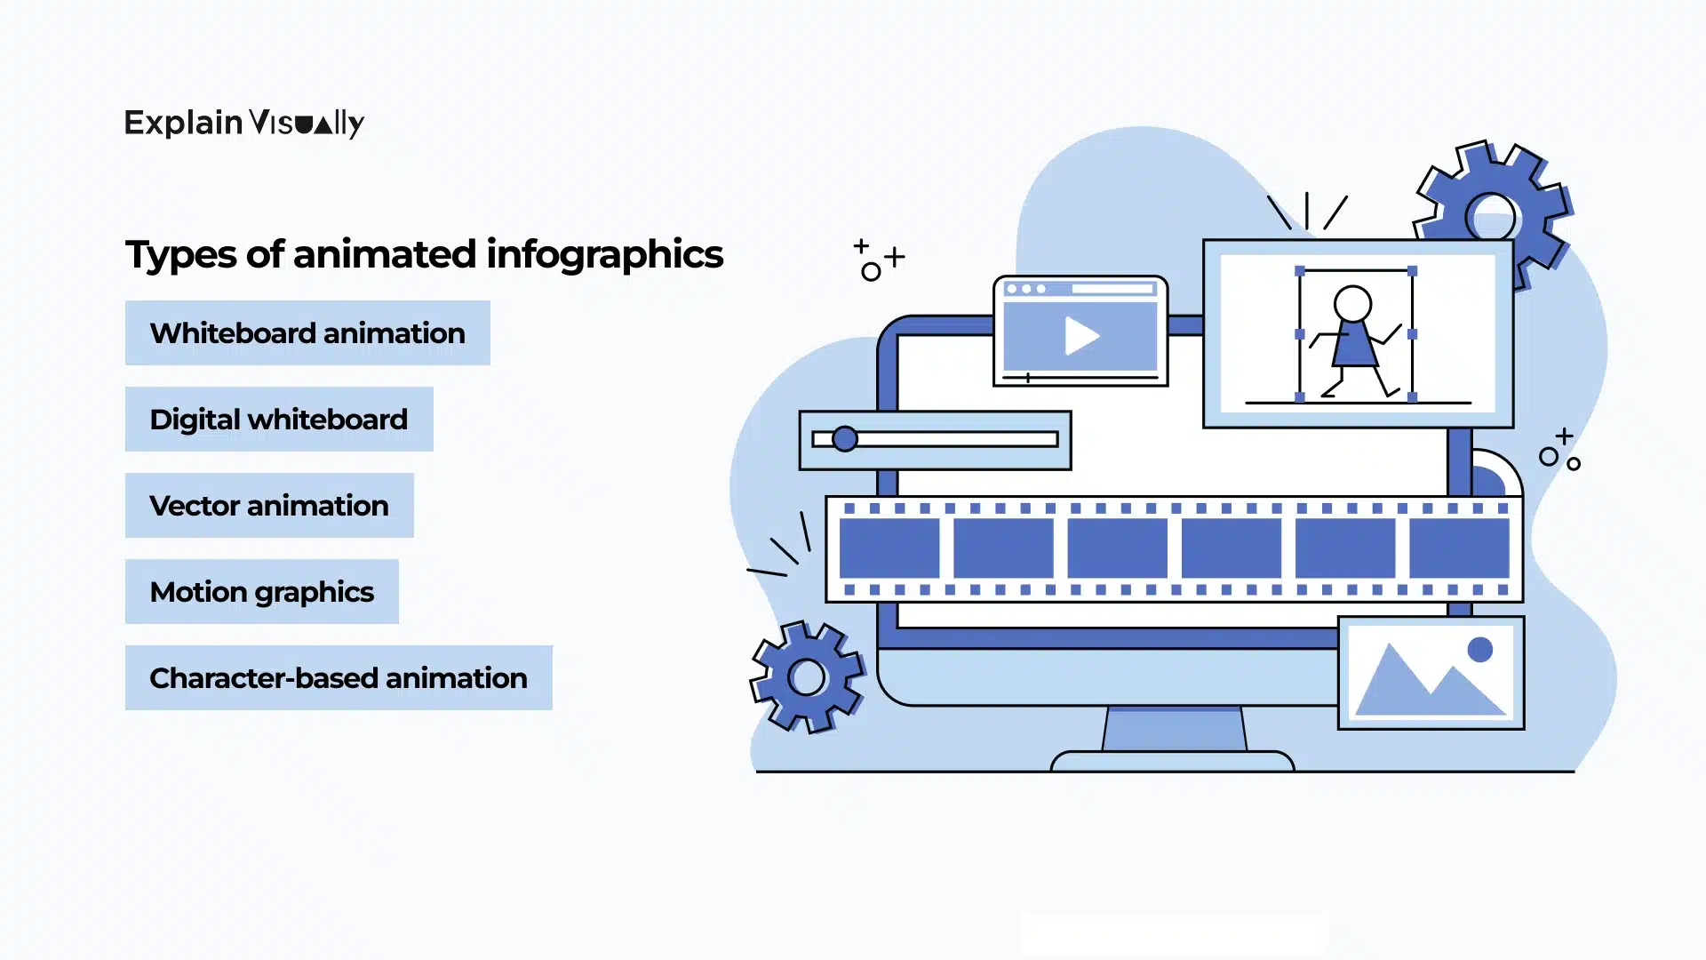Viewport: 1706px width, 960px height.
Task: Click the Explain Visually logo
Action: point(244,123)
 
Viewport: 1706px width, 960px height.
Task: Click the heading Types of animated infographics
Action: point(424,254)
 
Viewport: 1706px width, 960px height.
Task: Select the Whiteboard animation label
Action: point(307,333)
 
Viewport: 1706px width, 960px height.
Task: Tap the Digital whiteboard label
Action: point(279,420)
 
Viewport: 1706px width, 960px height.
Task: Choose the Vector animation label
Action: point(269,506)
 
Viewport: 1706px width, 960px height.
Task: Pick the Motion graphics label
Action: point(262,592)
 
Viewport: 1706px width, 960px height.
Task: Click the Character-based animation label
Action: point(339,678)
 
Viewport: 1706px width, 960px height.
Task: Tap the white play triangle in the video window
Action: point(1080,336)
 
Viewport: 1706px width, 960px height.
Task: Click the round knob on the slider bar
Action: point(845,439)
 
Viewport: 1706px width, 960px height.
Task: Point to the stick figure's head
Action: point(1353,304)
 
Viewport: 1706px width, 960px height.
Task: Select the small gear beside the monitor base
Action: point(807,677)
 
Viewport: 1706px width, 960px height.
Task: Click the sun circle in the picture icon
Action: point(1480,650)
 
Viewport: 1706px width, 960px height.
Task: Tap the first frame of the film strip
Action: point(889,548)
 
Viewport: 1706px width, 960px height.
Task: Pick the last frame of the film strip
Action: point(1459,548)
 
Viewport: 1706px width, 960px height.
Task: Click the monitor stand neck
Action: point(1174,729)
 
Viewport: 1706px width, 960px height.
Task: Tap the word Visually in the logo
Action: point(307,124)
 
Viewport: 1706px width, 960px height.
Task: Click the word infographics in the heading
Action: point(604,254)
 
